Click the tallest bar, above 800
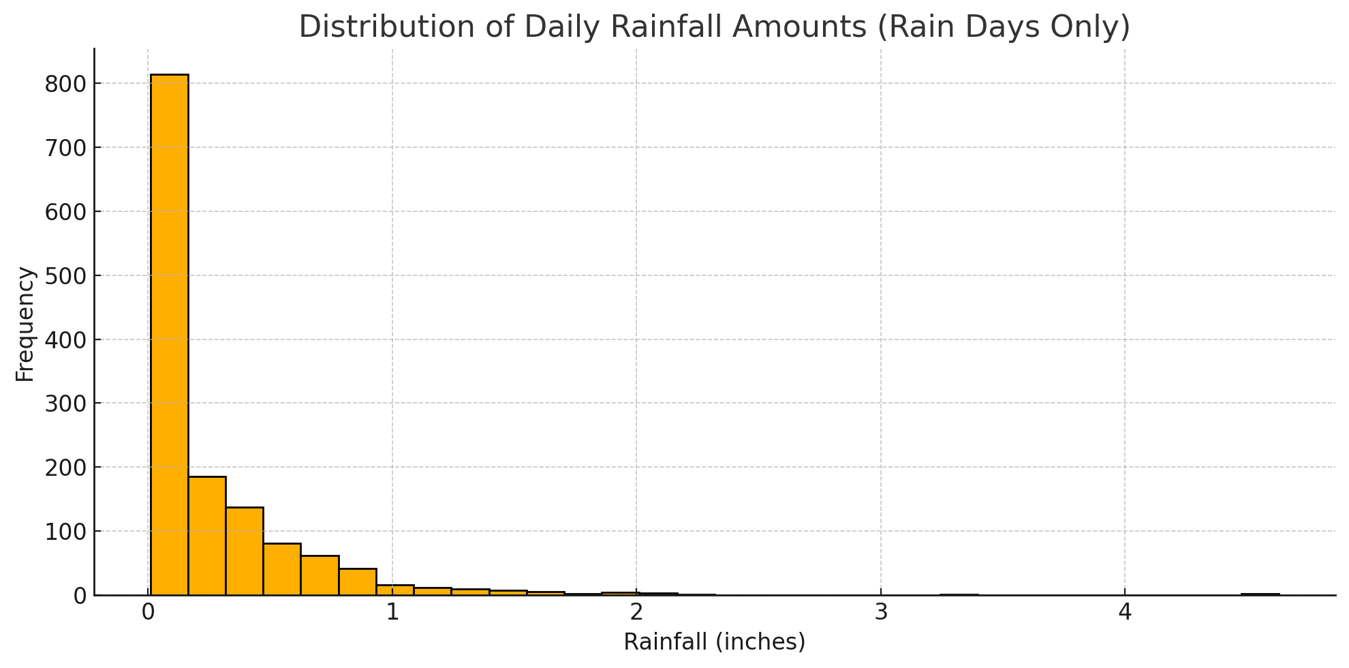[x=169, y=334]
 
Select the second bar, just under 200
[x=207, y=536]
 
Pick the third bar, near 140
[x=245, y=551]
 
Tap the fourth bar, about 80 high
[x=282, y=569]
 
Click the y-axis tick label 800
[x=65, y=84]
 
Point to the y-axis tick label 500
[x=65, y=276]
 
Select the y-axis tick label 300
[x=65, y=404]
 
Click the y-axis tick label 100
[x=65, y=532]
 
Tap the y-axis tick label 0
[x=80, y=596]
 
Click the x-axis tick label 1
[x=392, y=613]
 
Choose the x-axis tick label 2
[x=636, y=613]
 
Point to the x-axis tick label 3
[x=881, y=613]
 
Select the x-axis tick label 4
[x=1125, y=613]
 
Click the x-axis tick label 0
[x=148, y=613]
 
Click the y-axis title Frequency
[x=25, y=324]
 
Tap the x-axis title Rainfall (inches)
[x=714, y=642]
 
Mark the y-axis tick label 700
[x=65, y=148]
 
